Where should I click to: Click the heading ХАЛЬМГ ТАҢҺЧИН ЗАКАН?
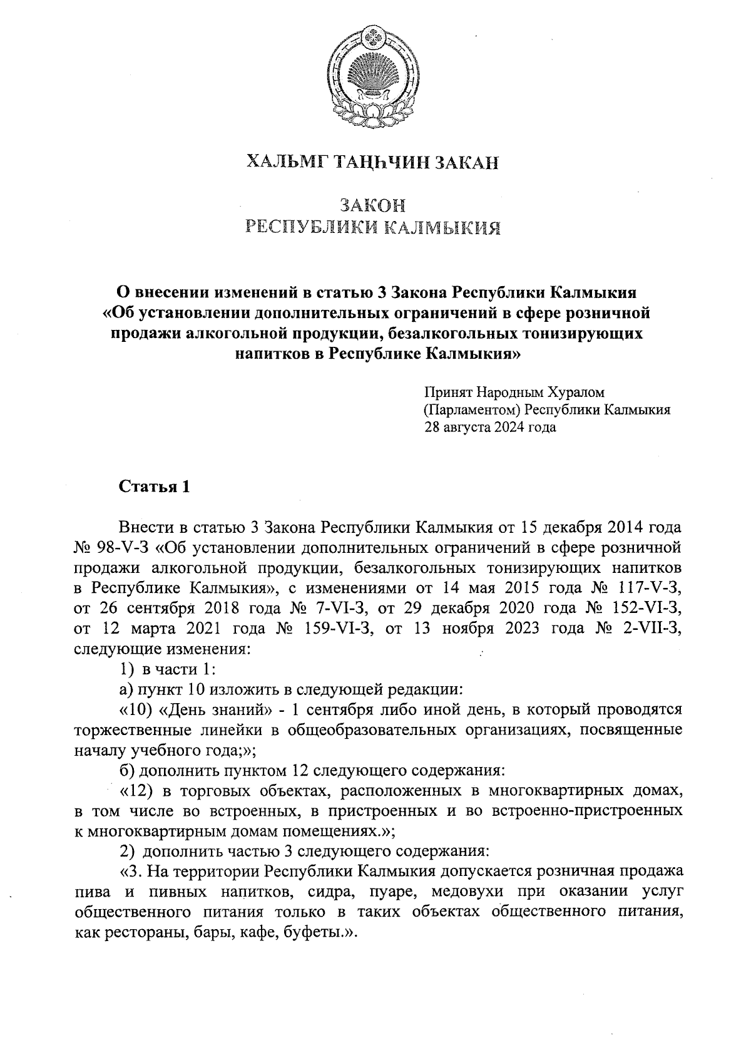click(x=374, y=163)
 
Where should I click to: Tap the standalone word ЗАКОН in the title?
click(x=373, y=205)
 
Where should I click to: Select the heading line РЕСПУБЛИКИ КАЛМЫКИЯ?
click(x=374, y=227)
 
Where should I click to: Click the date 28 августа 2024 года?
click(x=490, y=428)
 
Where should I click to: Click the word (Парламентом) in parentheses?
click(x=473, y=410)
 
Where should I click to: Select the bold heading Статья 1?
click(x=153, y=487)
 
